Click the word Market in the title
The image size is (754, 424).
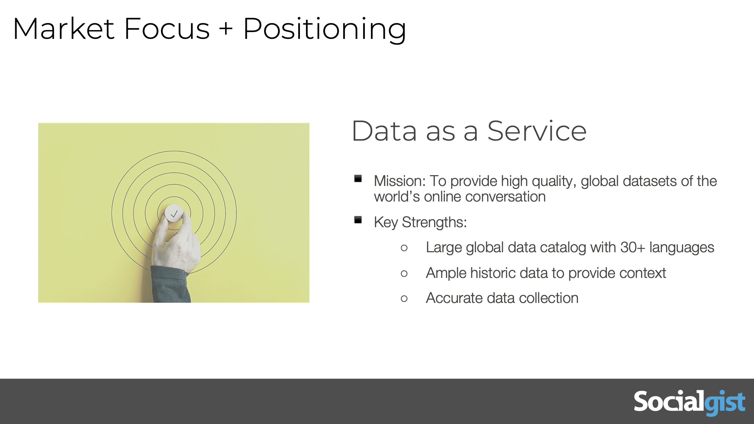coord(64,29)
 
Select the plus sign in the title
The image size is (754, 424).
coord(226,28)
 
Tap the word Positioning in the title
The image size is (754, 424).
coord(325,30)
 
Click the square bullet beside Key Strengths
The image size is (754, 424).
coord(358,220)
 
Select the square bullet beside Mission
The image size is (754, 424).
coord(358,179)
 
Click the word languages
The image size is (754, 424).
coord(682,248)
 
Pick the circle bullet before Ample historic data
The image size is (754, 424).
coord(404,274)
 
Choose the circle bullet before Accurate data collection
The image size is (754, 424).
coord(404,299)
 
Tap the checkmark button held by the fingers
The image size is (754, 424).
coord(174,213)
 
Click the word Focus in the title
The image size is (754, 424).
coord(167,29)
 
